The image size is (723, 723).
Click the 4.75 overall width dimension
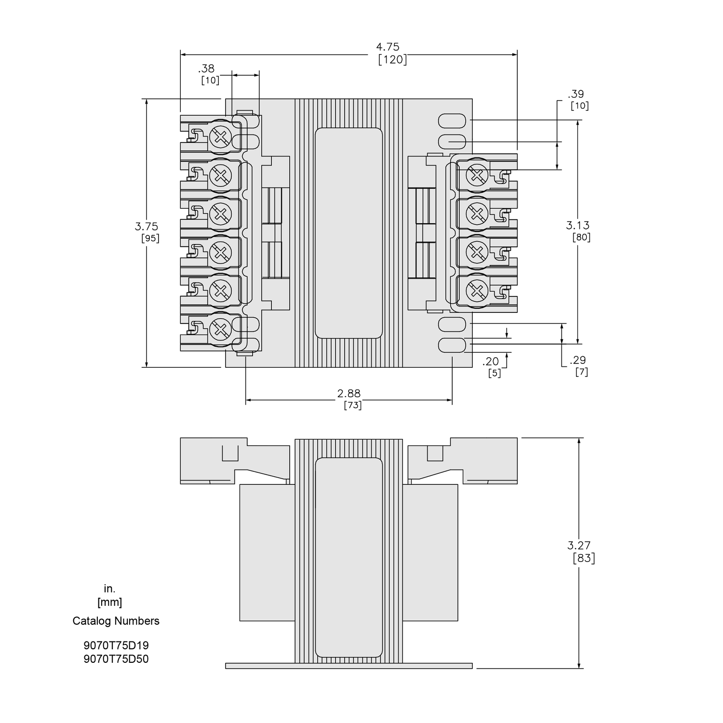pyautogui.click(x=388, y=47)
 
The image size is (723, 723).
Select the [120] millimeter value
pyautogui.click(x=392, y=60)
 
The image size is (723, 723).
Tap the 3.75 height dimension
pyautogui.click(x=146, y=226)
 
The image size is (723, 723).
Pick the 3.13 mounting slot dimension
pyautogui.click(x=577, y=225)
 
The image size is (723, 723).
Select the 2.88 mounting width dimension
pyautogui.click(x=349, y=393)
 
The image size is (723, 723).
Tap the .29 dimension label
pyautogui.click(x=577, y=360)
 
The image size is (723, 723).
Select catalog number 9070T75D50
pyautogui.click(x=116, y=659)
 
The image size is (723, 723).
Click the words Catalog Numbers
pyautogui.click(x=116, y=621)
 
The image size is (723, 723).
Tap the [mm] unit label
pyautogui.click(x=109, y=602)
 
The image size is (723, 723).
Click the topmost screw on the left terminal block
pyautogui.click(x=221, y=137)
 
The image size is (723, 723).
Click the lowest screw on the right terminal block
pyautogui.click(x=477, y=291)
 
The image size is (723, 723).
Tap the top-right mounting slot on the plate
pyautogui.click(x=452, y=120)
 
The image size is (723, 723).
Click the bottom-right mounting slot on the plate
pyautogui.click(x=452, y=345)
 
